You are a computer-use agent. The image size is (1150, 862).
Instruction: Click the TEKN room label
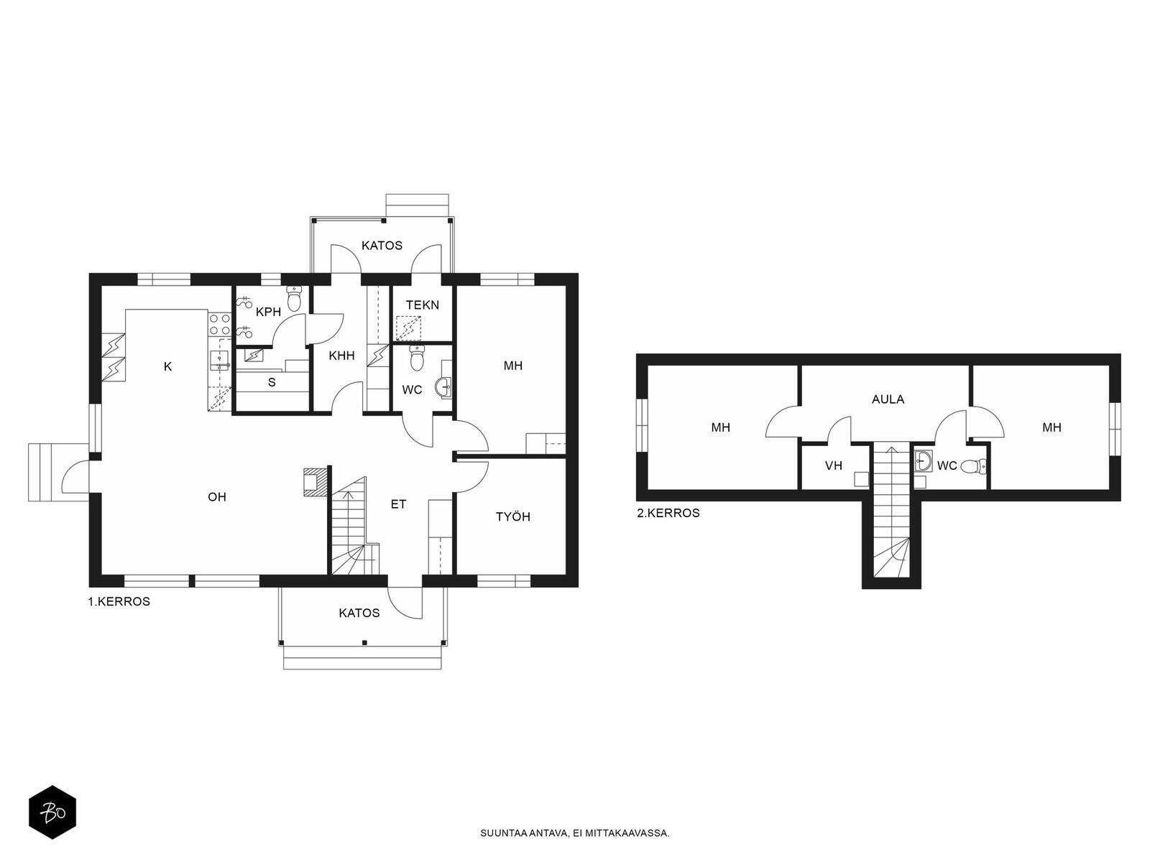pos(423,305)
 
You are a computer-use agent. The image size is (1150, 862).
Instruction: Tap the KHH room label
pos(341,356)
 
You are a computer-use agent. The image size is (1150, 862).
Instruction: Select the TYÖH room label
pos(513,517)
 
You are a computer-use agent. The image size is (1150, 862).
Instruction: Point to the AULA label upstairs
pos(888,400)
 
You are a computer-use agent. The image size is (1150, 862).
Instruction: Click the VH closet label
pos(834,465)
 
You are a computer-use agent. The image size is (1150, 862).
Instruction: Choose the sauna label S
pos(272,383)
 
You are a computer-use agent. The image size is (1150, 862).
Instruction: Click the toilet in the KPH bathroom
pos(295,298)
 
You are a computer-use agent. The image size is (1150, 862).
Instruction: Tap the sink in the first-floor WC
pos(445,388)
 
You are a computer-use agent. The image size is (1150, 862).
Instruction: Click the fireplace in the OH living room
pos(314,481)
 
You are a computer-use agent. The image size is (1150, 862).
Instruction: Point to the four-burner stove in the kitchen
pos(220,324)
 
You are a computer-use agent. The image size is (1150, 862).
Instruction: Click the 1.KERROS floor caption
pos(119,602)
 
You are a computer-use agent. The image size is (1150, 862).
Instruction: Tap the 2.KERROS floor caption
pos(668,514)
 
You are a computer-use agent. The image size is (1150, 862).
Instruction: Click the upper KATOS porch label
pos(382,246)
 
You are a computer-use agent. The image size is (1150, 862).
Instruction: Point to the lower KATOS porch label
pos(359,613)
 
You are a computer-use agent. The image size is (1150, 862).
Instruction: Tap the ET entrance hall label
pos(398,504)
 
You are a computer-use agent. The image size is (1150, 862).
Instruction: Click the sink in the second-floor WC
pos(923,462)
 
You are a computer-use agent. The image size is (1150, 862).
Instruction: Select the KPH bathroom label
pos(268,312)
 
